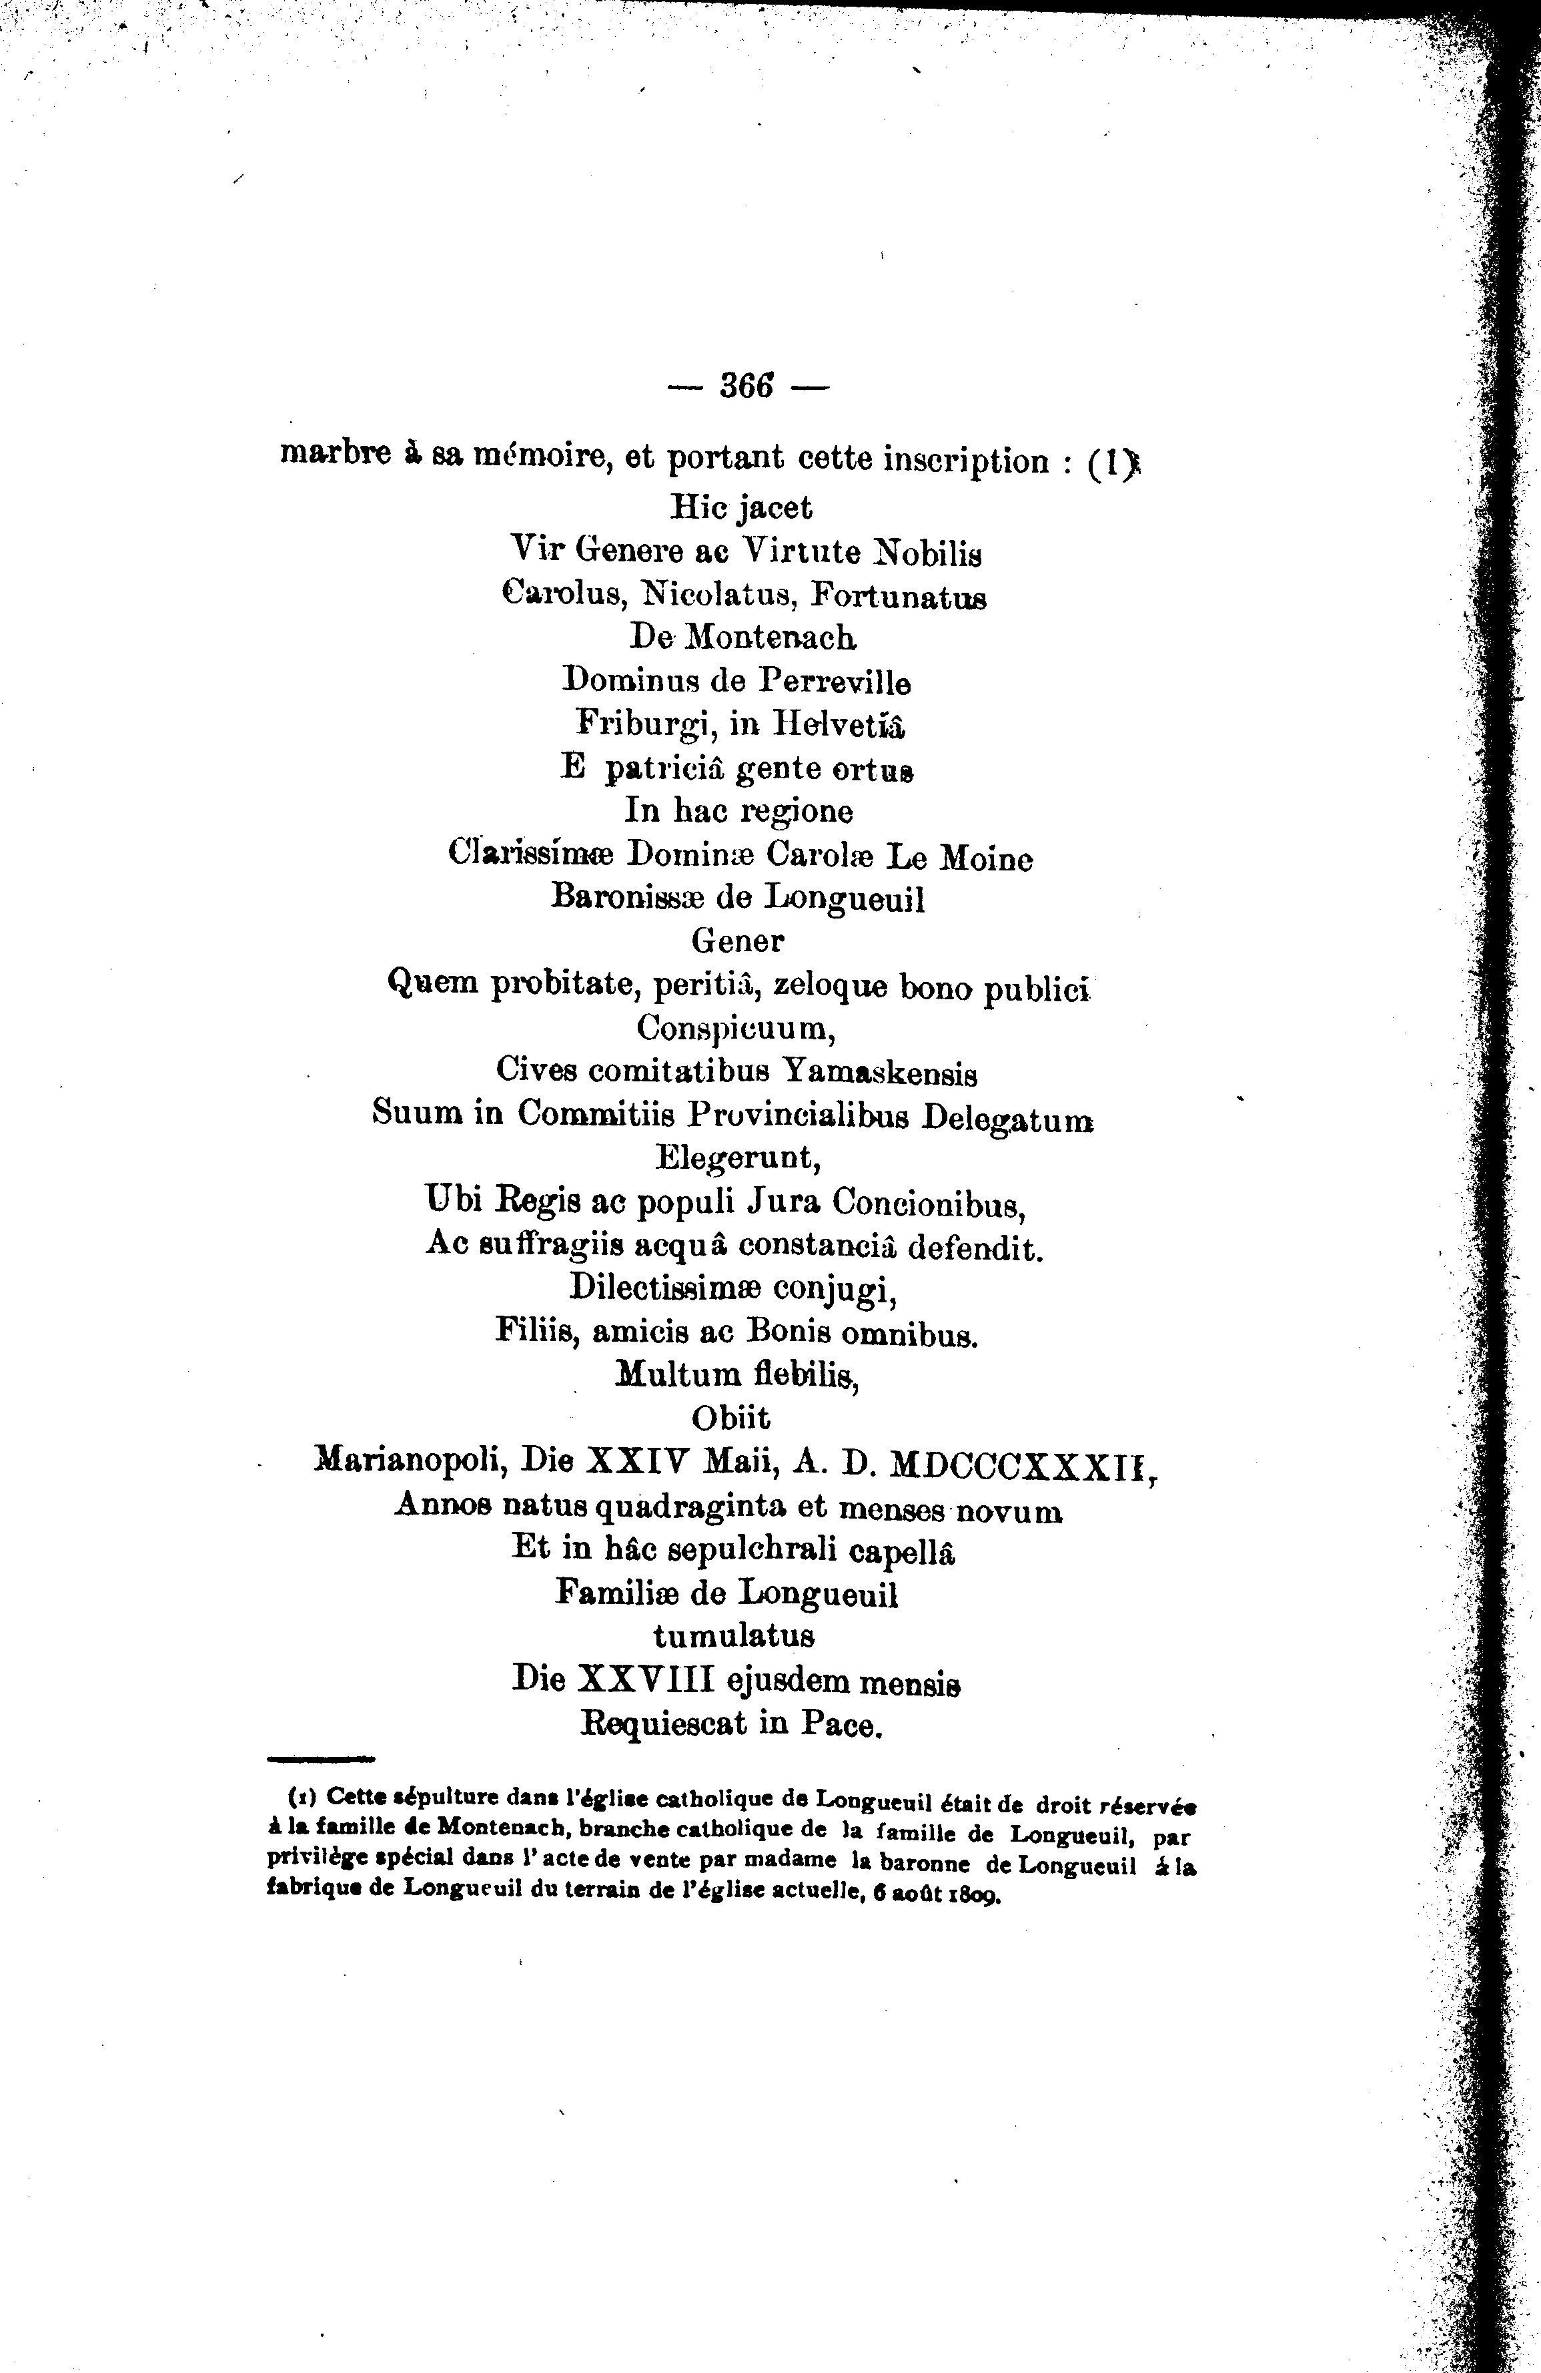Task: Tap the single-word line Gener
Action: pyautogui.click(x=738, y=941)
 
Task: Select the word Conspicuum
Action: pyautogui.click(x=736, y=1027)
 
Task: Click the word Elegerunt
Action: pyautogui.click(x=738, y=1159)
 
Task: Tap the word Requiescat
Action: pyautogui.click(x=664, y=1725)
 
